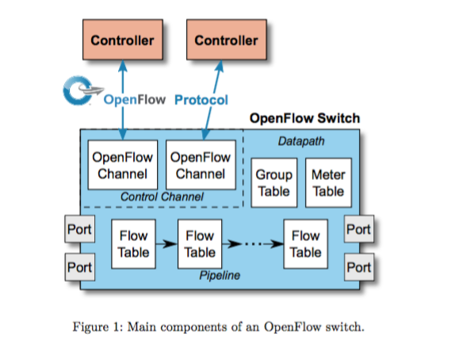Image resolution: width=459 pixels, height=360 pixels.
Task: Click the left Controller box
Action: point(123,40)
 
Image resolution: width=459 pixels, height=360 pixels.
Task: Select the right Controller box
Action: point(227,40)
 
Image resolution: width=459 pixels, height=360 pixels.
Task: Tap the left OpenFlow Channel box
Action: point(123,165)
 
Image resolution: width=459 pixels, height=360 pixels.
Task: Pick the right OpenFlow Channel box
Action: point(201,165)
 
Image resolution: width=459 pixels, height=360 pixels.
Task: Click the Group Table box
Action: point(274,183)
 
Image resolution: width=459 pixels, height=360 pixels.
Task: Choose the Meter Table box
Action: point(328,183)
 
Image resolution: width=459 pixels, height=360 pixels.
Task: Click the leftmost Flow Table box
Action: point(133,244)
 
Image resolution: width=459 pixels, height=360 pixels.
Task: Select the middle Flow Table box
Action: point(200,244)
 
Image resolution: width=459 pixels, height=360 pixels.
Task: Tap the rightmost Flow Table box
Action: point(306,244)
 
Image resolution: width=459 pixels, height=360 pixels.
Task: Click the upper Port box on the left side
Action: point(79,229)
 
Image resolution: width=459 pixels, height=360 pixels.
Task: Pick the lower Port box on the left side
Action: point(79,267)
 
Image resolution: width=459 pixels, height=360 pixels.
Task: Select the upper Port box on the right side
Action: point(359,229)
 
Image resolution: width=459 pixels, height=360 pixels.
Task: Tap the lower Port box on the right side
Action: point(359,267)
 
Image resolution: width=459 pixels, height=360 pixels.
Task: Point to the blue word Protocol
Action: point(201,100)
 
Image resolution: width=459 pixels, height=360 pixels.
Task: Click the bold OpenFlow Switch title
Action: point(304,118)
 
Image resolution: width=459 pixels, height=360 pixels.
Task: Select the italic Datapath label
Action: point(301,141)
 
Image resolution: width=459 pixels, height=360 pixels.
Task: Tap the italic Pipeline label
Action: point(220,275)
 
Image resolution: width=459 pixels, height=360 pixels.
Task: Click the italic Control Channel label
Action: point(162,197)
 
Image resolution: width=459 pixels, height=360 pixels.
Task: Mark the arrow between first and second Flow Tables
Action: point(166,243)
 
